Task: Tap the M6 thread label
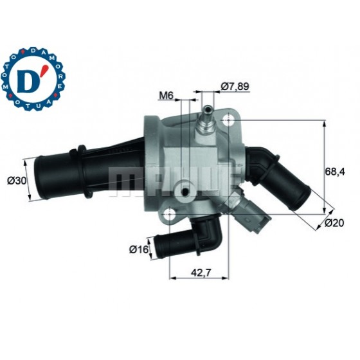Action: point(166,96)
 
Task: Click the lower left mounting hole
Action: point(169,215)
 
